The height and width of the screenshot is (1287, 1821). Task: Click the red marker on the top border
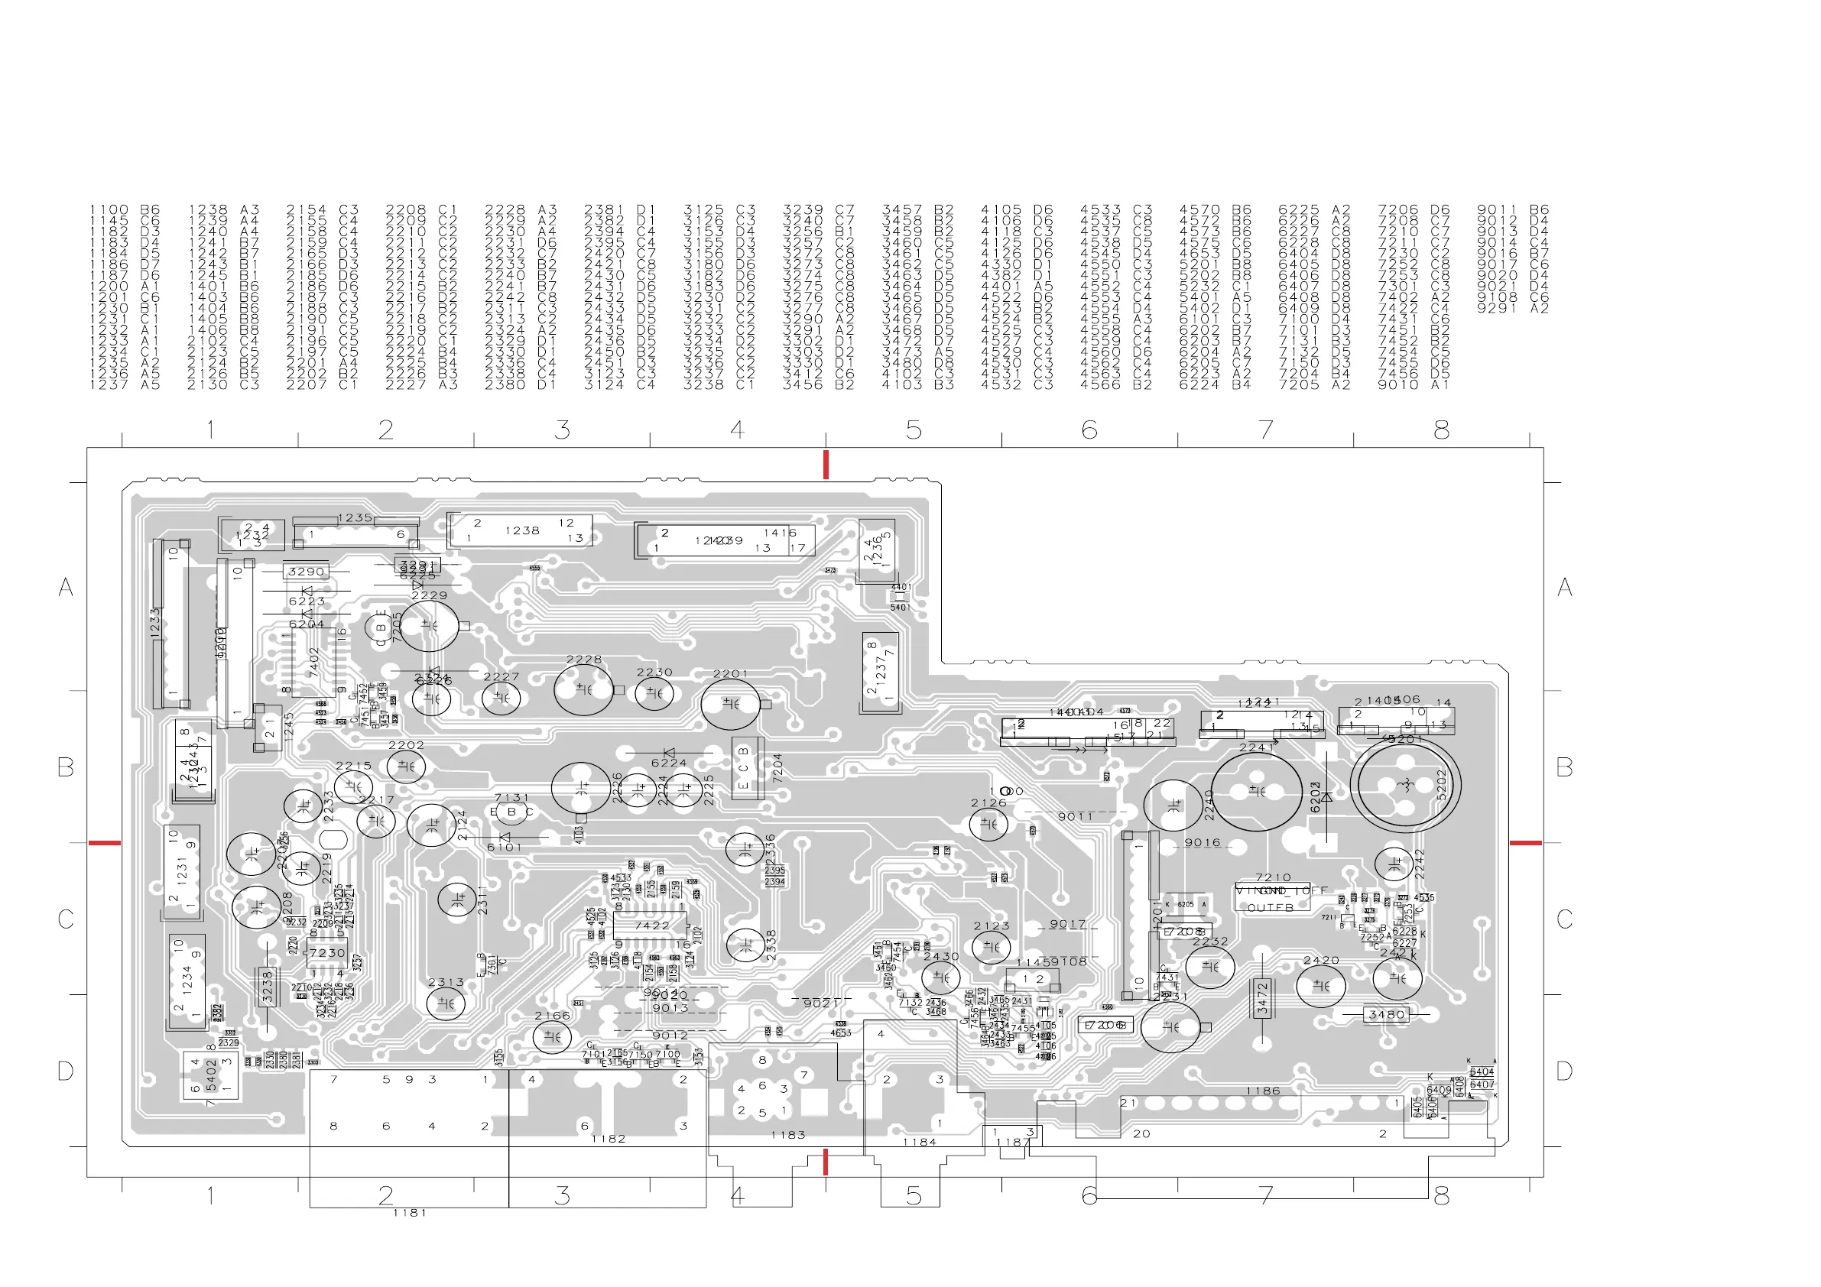[x=826, y=464]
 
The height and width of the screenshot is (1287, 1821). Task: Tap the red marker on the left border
[x=104, y=842]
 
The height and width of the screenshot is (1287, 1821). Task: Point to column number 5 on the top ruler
[x=914, y=430]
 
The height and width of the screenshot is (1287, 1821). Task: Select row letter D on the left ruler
[x=66, y=1071]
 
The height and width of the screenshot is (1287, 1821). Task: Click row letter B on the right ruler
[x=1564, y=767]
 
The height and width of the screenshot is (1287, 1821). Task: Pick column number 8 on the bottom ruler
[x=1441, y=1195]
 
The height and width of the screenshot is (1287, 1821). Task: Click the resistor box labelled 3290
[x=305, y=571]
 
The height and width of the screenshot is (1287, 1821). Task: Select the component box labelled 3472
[x=1262, y=998]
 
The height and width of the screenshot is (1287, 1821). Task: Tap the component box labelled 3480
[x=1386, y=1014]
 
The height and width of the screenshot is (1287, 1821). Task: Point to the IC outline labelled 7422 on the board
[x=652, y=926]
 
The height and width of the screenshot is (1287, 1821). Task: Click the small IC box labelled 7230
[x=326, y=953]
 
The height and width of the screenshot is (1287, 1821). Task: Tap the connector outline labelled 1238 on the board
[x=521, y=530]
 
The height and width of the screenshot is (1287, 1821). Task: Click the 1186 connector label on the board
[x=1262, y=1091]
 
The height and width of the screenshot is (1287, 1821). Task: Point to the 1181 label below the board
[x=409, y=1212]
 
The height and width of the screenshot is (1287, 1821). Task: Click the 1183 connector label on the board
[x=787, y=1135]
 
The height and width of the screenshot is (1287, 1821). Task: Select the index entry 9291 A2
[x=1511, y=309]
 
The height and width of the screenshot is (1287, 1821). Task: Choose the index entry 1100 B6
[x=125, y=210]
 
